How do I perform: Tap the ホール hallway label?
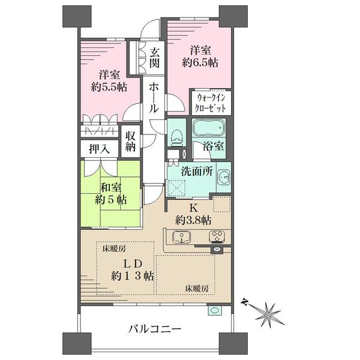point(154,98)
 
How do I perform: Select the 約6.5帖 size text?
point(200,62)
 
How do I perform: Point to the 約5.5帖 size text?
point(109,87)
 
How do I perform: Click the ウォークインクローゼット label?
point(211,103)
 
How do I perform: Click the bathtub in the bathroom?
point(208,128)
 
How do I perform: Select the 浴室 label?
point(213,146)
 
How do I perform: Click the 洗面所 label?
point(197,171)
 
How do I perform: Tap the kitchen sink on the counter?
point(181,237)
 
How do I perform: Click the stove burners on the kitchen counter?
point(217,237)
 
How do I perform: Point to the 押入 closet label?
point(100,149)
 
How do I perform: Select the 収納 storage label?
point(130,142)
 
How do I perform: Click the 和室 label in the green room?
point(111,188)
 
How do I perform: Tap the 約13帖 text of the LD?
point(133,275)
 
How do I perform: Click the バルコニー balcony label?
point(155,329)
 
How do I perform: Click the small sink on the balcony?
point(215,310)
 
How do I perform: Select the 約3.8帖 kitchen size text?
point(193,220)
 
